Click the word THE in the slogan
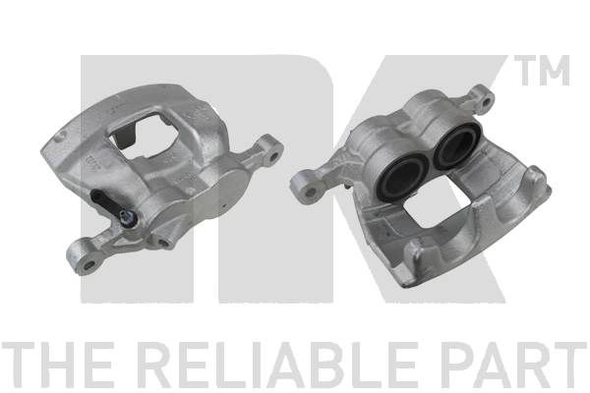[x=57, y=365]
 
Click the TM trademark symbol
[x=542, y=71]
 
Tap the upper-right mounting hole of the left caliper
[x=273, y=155]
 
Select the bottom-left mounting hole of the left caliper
[x=88, y=265]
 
